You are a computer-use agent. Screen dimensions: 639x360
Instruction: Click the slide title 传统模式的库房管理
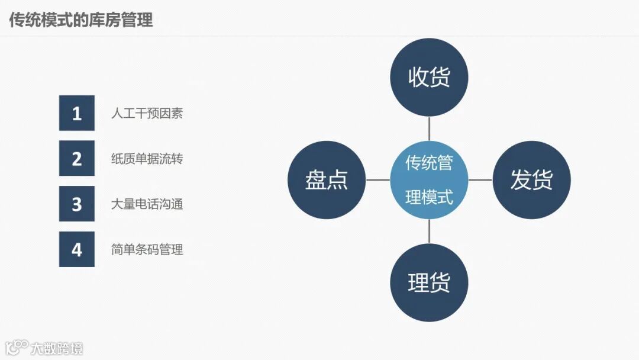coord(81,20)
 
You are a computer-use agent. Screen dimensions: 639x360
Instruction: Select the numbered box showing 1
coord(77,113)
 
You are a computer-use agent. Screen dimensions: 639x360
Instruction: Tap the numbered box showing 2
coord(77,159)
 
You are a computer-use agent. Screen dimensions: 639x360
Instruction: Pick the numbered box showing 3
coord(77,204)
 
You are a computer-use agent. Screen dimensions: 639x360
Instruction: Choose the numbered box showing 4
coord(77,249)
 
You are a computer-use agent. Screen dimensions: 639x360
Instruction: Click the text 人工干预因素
coord(147,113)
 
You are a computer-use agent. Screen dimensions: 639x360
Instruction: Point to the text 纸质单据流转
coord(147,159)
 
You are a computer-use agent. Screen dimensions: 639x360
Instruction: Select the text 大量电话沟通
coord(147,204)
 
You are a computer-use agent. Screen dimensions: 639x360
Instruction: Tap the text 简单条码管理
coord(147,249)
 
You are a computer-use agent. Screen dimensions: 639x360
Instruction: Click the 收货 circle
coord(429,78)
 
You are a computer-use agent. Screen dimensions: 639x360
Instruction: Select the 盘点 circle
coord(327,180)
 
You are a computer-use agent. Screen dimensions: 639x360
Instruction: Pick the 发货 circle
coord(531,180)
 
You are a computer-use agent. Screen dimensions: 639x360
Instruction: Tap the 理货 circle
coord(429,282)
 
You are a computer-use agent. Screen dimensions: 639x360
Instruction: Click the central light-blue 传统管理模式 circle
coord(429,180)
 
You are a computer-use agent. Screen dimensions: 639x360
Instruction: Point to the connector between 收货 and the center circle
coord(429,128)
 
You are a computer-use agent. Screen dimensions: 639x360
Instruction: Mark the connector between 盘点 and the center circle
coord(377,180)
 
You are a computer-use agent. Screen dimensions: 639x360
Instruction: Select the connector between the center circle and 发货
coord(480,180)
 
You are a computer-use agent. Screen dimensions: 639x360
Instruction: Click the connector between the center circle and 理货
coord(429,232)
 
